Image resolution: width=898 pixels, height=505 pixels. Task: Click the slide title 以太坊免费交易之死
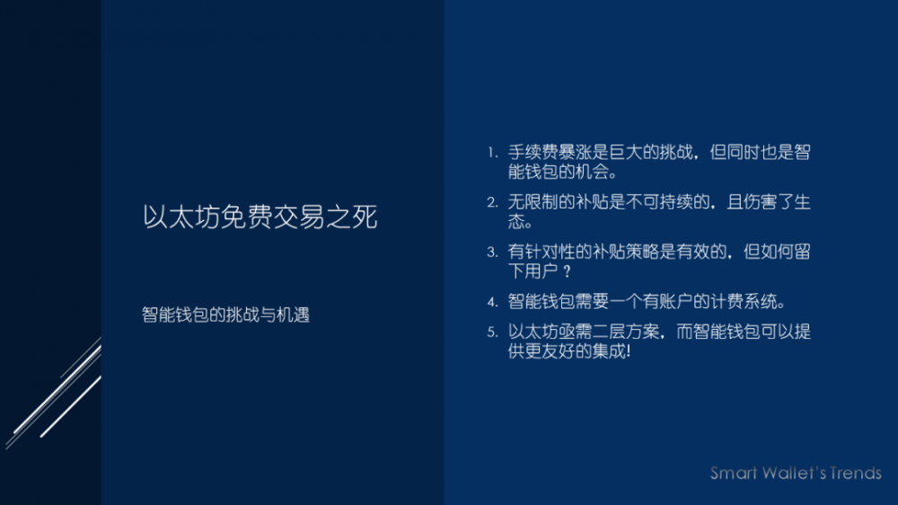pos(260,217)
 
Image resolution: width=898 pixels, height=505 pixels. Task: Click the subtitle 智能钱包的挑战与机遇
pos(225,315)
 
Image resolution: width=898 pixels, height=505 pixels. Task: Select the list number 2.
pos(491,203)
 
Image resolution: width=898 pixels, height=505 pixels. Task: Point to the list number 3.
pos(491,252)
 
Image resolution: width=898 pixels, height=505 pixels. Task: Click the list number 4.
pos(491,302)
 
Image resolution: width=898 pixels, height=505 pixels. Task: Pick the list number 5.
pos(491,332)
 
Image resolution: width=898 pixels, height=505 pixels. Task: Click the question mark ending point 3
pos(567,271)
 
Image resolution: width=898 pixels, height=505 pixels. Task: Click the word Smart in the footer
pos(735,473)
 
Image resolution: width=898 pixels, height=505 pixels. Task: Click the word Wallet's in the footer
pos(789,473)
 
